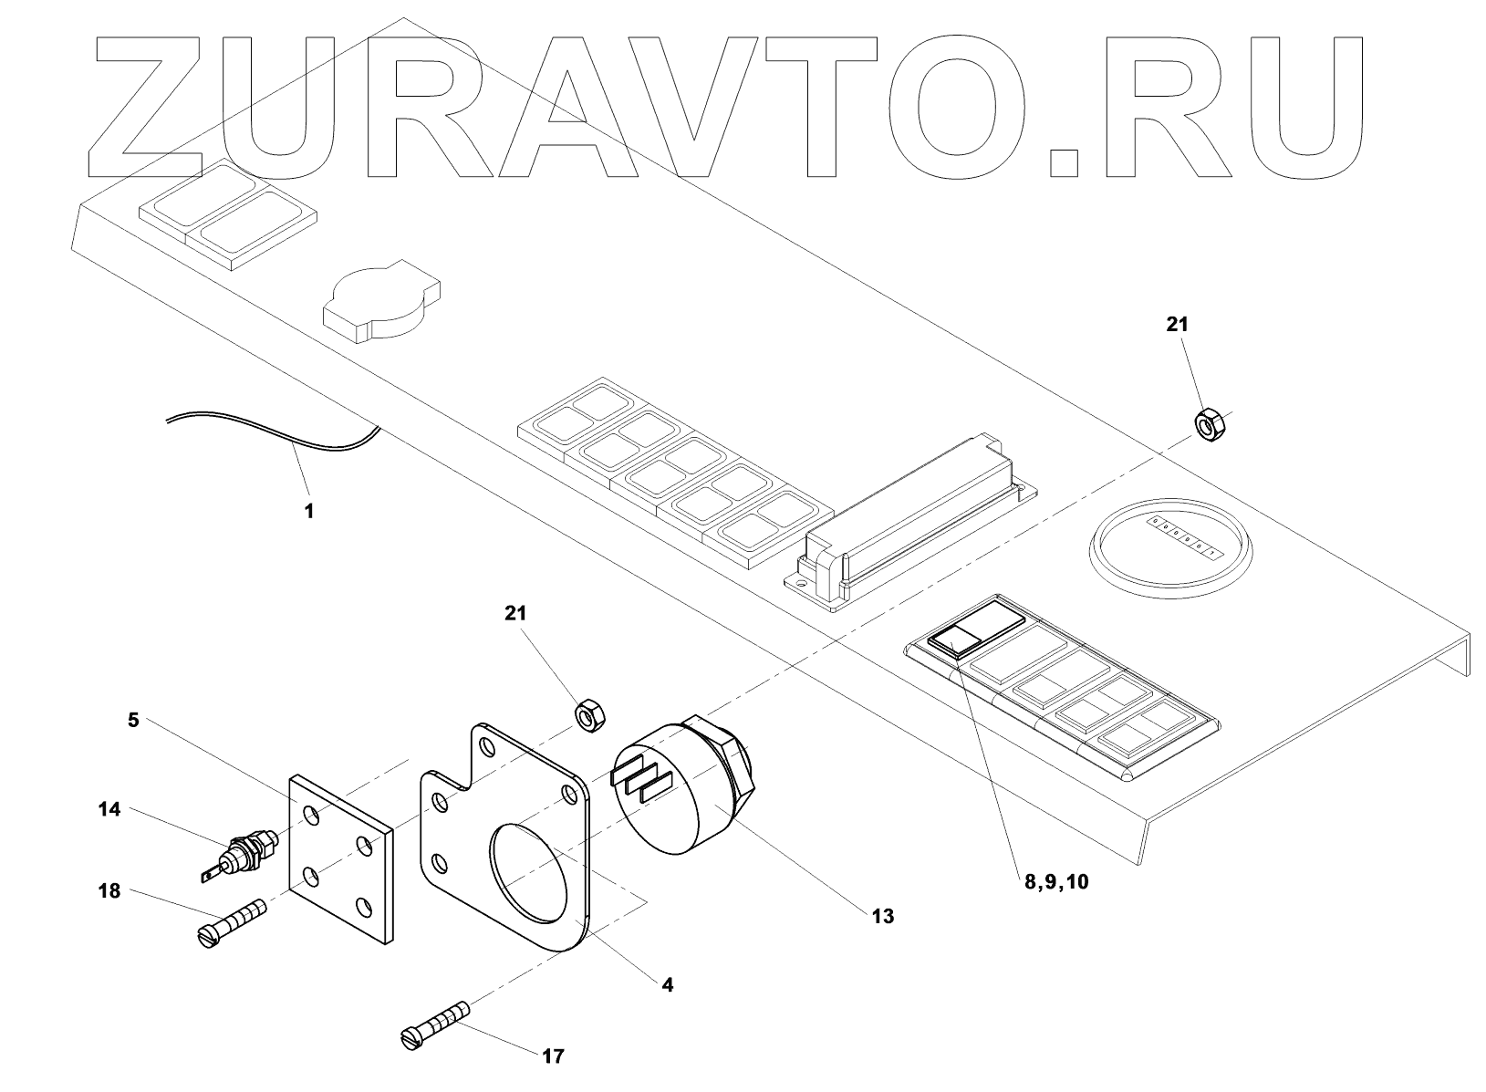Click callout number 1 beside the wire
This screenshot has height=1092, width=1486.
(309, 512)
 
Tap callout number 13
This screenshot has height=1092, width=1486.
(882, 916)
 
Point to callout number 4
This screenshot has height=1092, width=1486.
(667, 985)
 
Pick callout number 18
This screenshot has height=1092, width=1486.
(109, 891)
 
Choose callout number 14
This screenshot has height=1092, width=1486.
(109, 809)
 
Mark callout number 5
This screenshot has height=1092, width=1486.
(133, 720)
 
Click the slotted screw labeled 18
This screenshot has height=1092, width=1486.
(233, 921)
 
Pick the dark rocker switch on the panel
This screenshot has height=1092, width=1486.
(952, 640)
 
